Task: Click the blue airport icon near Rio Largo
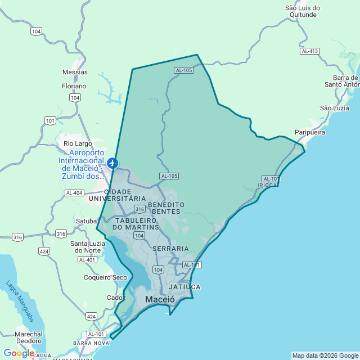point(113,163)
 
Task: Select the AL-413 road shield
point(309,51)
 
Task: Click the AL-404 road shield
point(74,193)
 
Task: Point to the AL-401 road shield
point(87,260)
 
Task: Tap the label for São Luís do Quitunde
point(303,12)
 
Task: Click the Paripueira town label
point(310,132)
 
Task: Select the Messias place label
point(75,72)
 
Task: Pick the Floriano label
point(74,86)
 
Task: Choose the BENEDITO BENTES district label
point(166,208)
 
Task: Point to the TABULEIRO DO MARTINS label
point(137,224)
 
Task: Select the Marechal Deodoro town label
point(28,337)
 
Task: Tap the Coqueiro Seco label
point(105,277)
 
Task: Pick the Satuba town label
point(86,221)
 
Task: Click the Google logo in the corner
point(19,353)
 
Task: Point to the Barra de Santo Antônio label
point(341,81)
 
